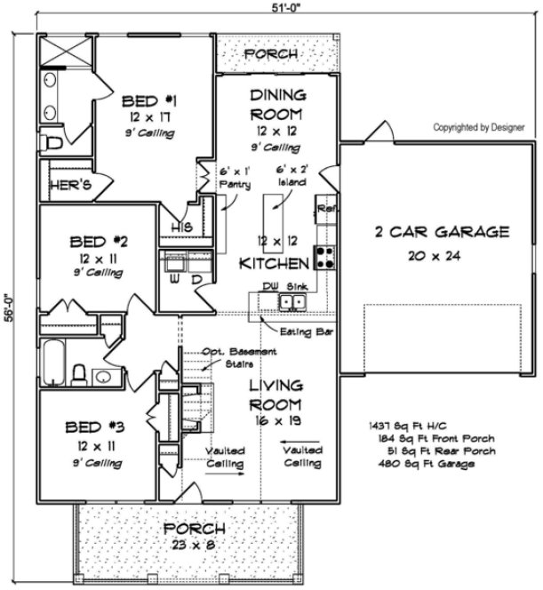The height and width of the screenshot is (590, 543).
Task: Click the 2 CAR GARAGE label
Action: coord(441,233)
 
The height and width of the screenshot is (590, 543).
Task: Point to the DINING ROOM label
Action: coord(277,104)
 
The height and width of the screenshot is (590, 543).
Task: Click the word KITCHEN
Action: coord(274,264)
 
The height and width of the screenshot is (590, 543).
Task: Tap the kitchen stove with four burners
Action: coord(323,258)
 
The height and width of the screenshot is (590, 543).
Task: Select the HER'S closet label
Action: coord(61,187)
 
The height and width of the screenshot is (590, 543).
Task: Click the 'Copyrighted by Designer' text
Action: coord(478,127)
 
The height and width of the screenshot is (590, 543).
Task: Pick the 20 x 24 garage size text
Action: coord(441,254)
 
